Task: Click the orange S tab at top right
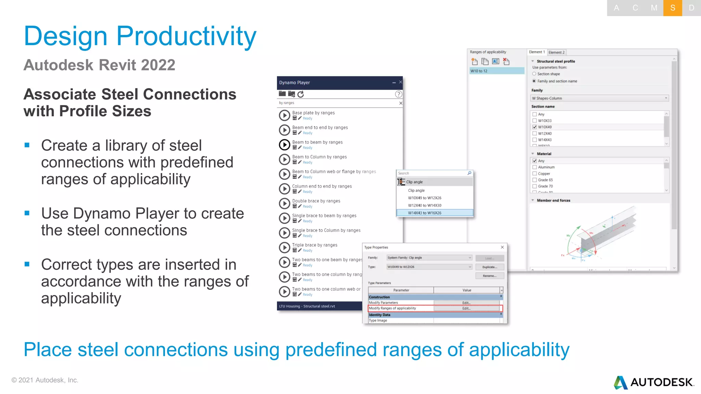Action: pos(673,8)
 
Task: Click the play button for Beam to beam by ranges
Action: pos(284,145)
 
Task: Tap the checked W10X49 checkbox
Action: pos(535,127)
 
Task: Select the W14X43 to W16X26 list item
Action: pos(424,213)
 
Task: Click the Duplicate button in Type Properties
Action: pos(489,267)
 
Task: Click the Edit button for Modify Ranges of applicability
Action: pos(466,308)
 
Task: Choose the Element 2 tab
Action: pos(556,52)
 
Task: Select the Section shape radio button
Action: pos(534,74)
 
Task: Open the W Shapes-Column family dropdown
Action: pos(599,98)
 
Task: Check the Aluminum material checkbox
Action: pos(535,167)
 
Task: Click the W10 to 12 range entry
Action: pos(496,71)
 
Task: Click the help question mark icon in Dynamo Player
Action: pos(398,94)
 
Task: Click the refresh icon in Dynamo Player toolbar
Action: pos(301,94)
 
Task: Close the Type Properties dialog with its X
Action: pos(502,247)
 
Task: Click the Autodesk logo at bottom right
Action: pos(654,382)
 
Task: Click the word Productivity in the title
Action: pos(186,36)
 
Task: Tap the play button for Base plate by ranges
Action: pos(284,115)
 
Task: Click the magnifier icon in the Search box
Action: pos(469,173)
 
